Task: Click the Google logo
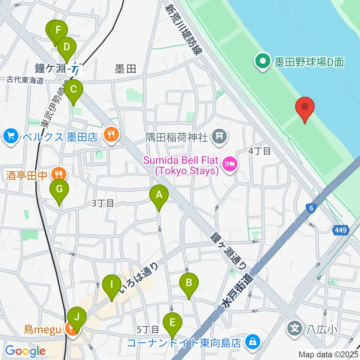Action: [25, 351]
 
